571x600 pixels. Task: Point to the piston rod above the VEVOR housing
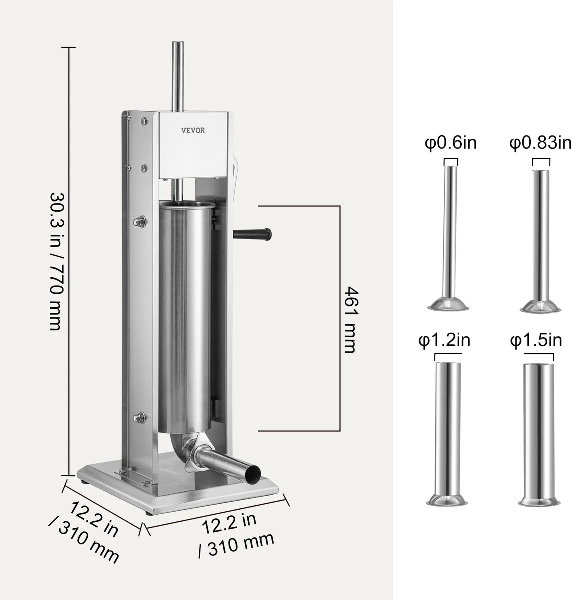click(x=176, y=75)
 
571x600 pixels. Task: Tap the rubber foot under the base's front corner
click(x=148, y=513)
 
